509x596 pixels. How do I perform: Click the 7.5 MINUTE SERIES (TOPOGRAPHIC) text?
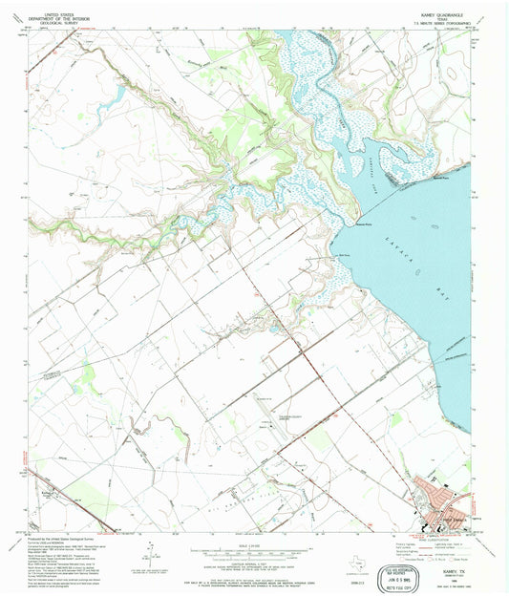coord(442,24)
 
